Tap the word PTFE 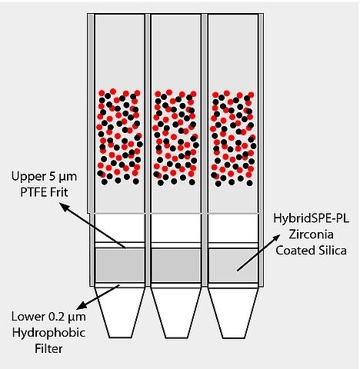[x=33, y=192]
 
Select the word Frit [x=59, y=192]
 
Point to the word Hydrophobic [x=48, y=333]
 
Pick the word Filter [x=48, y=349]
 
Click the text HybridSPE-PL [x=311, y=219]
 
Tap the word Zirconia [x=311, y=234]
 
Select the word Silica [x=332, y=251]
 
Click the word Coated [x=295, y=251]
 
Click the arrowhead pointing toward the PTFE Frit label [x=64, y=207]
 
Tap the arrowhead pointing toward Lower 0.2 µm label [x=82, y=305]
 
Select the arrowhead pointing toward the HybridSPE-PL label [x=276, y=238]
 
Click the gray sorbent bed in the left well [x=120, y=265]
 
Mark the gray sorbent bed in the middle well [x=176, y=265]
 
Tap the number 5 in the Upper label [x=52, y=176]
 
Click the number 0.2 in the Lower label [x=56, y=317]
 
